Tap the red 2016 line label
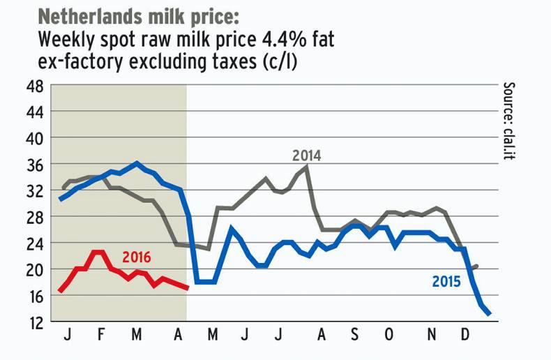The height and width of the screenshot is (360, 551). tap(137, 256)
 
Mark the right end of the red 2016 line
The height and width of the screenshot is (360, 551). tap(187, 287)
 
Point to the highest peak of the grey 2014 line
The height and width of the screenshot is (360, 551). tap(307, 166)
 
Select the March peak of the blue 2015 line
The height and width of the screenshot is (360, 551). tap(137, 163)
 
